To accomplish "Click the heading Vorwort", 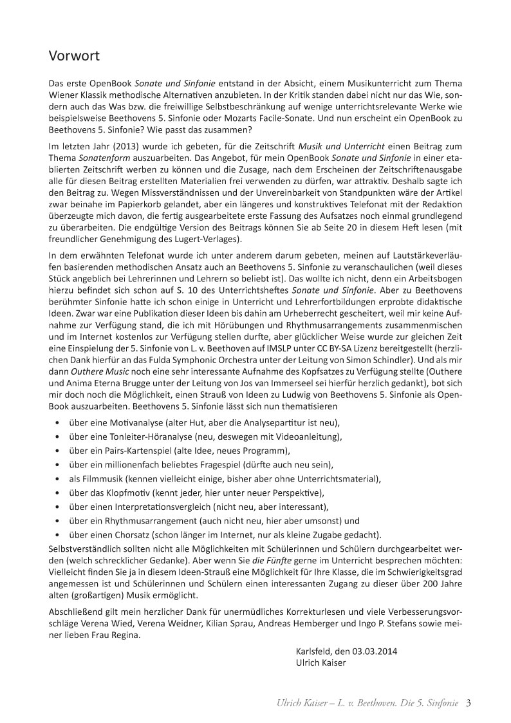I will [74, 56].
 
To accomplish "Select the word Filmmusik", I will [101, 479].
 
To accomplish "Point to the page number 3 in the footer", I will [469, 702].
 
